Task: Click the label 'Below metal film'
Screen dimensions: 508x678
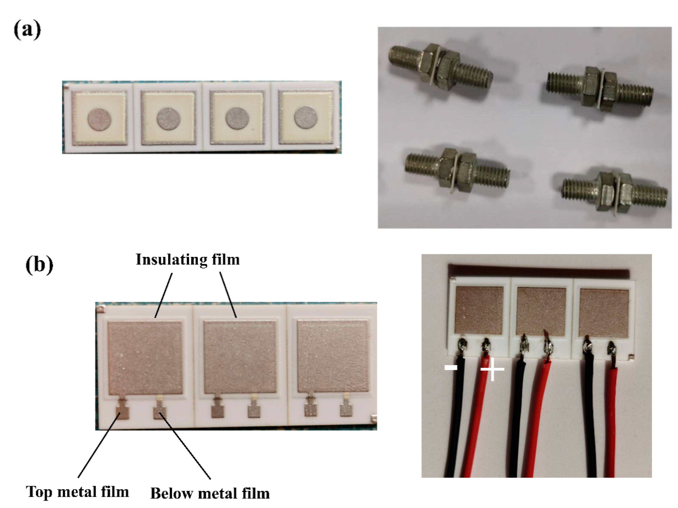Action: [x=210, y=494]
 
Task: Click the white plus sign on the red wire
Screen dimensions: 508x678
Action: [x=492, y=369]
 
